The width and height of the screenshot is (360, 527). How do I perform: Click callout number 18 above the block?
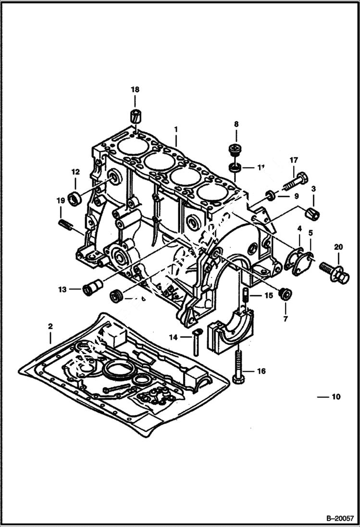tap(135, 89)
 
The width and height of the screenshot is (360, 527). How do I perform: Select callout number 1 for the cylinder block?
tap(176, 129)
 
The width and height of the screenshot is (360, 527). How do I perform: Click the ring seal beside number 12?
tap(75, 198)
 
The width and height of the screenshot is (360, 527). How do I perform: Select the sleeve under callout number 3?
tap(313, 212)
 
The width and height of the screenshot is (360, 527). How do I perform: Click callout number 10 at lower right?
tap(335, 397)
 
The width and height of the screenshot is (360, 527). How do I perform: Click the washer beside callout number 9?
tap(271, 195)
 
